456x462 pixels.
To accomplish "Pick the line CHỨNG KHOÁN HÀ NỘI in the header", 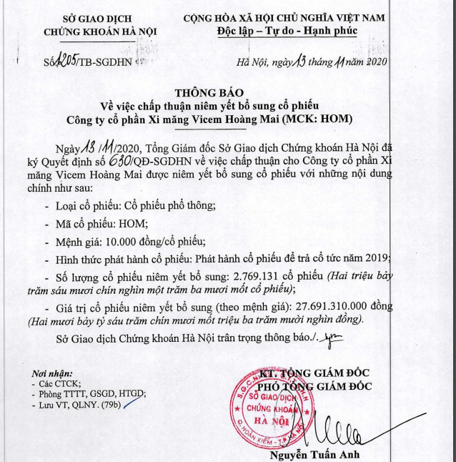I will (101, 31).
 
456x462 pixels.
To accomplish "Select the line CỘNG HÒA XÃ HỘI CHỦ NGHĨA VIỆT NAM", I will (284, 16).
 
